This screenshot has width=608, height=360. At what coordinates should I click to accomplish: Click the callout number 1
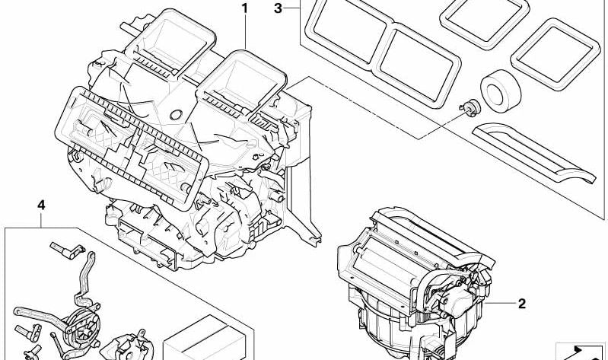(244, 8)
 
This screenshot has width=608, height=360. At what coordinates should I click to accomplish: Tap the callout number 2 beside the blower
(522, 304)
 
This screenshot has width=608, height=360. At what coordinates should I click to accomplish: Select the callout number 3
(278, 8)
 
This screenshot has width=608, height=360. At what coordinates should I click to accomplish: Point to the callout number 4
(41, 205)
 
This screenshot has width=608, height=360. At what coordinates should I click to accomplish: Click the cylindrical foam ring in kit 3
(501, 91)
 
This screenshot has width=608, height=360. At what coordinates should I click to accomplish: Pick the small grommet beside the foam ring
(470, 107)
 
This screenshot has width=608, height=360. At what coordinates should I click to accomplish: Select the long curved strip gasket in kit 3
(533, 153)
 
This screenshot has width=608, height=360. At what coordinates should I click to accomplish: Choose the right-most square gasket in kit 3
(555, 54)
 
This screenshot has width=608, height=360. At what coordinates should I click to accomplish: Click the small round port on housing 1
(176, 115)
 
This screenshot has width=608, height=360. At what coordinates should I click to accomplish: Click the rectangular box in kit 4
(205, 338)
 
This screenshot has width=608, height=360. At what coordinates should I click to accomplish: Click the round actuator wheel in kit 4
(83, 325)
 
